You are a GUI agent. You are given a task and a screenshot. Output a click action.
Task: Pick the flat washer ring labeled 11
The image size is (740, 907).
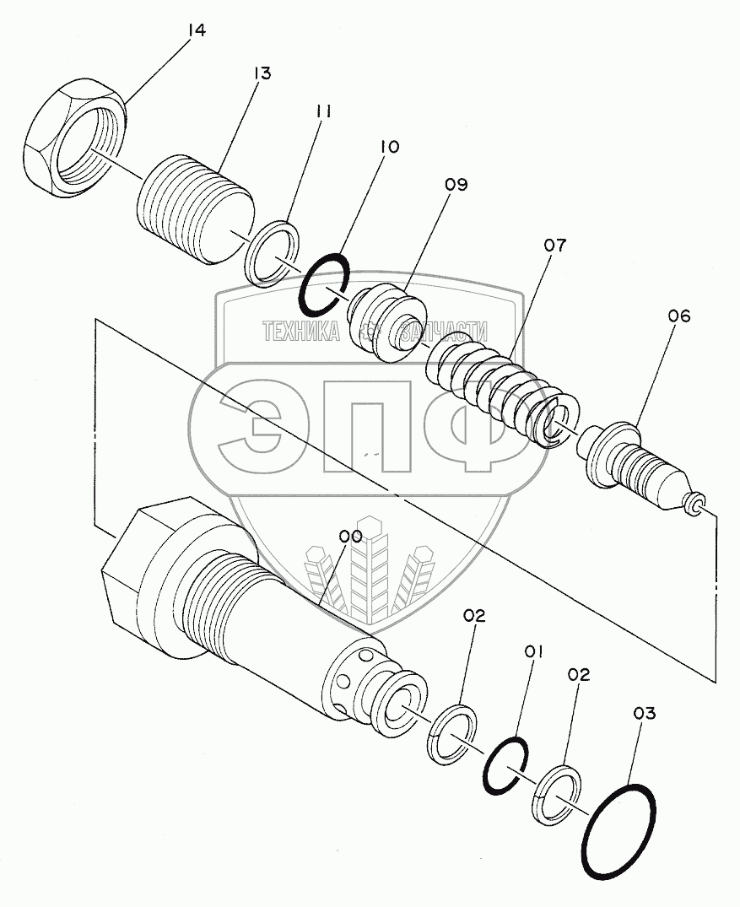tap(274, 252)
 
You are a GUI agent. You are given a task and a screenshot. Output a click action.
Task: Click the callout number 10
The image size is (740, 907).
tap(389, 147)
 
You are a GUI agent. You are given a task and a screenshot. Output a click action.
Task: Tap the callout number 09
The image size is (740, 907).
tap(456, 184)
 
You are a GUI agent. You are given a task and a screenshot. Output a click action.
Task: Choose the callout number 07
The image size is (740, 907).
tap(555, 246)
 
